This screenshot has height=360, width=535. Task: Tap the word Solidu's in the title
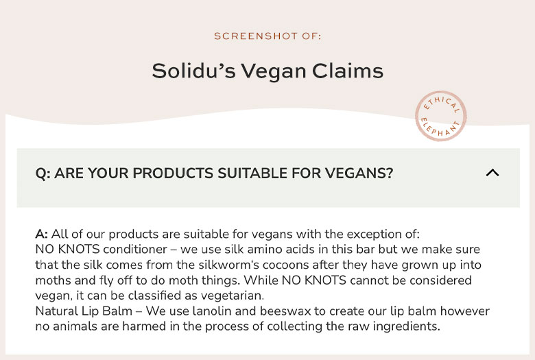click(x=193, y=71)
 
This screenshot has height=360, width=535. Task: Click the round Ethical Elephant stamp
click(x=441, y=116)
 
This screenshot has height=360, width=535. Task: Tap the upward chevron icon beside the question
click(x=492, y=173)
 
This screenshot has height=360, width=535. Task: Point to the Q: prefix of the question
click(x=43, y=173)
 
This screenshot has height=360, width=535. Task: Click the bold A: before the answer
click(x=42, y=235)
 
